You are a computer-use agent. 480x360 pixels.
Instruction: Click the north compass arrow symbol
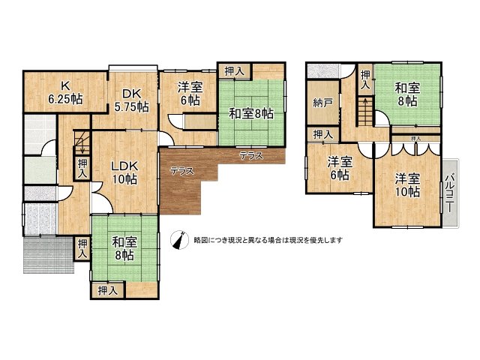click(178, 240)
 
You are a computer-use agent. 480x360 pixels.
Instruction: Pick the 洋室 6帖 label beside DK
click(189, 93)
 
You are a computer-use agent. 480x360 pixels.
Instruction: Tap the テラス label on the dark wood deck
click(181, 171)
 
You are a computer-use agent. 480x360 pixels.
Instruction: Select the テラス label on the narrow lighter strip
click(250, 156)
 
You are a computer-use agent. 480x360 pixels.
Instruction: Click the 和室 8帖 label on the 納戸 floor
click(407, 95)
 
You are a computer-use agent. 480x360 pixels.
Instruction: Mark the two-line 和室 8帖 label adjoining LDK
click(124, 248)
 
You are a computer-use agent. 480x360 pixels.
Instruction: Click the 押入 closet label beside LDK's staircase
click(82, 168)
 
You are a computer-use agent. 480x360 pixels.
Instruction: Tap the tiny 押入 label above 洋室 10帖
click(415, 139)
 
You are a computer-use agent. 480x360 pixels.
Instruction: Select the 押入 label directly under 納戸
click(323, 134)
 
